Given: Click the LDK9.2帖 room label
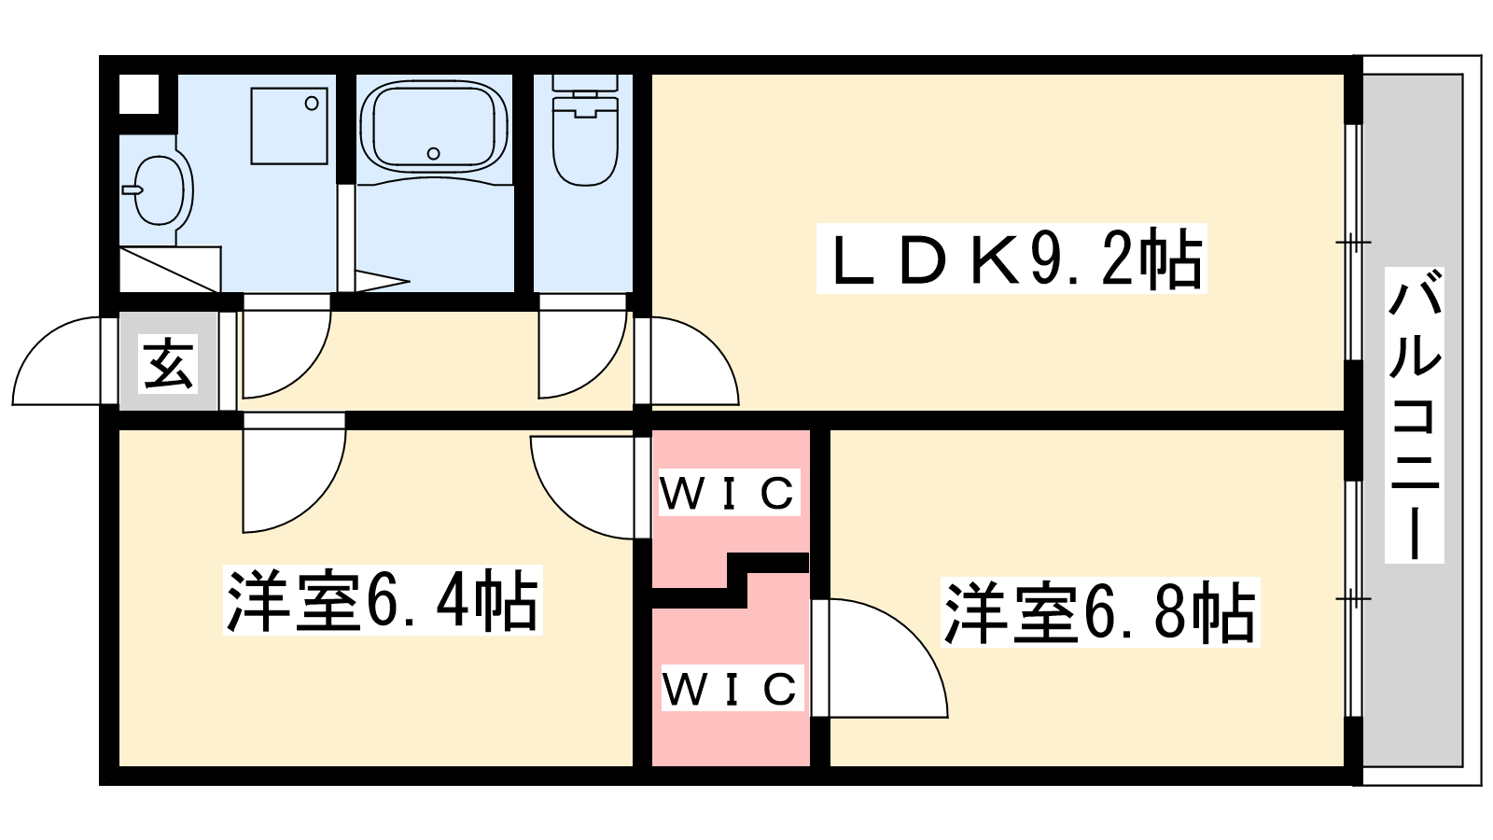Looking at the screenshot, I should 1012,259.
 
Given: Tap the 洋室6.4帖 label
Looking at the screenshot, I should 383,600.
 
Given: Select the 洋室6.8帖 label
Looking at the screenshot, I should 1101,612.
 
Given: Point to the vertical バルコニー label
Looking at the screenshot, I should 1415,415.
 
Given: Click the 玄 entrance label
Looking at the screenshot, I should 169,363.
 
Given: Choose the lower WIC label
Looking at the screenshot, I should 731,689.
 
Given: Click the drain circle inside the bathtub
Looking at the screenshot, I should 433,153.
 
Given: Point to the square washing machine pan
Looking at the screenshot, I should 289,126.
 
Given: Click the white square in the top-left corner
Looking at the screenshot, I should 139,94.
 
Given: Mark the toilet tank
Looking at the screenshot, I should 585,84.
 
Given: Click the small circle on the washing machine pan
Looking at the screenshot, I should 313,104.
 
